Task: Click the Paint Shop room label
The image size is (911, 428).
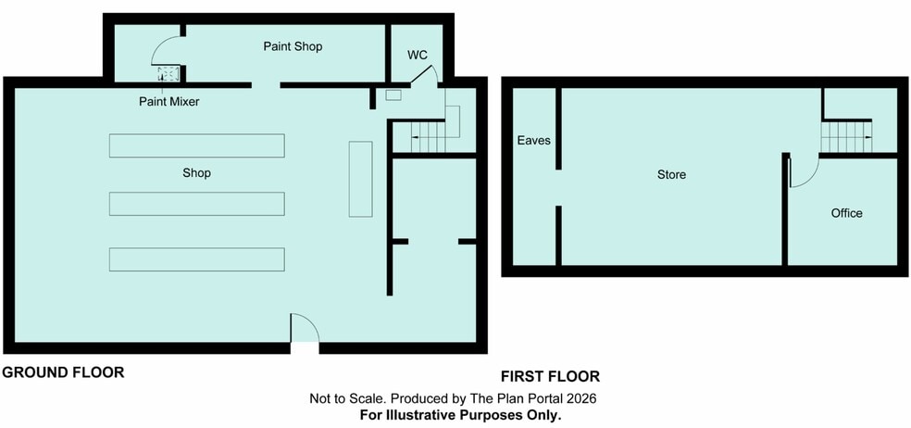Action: [293, 46]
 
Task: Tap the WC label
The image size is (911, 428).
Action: [418, 56]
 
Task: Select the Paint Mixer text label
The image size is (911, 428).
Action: [169, 102]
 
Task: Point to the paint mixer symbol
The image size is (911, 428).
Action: [168, 74]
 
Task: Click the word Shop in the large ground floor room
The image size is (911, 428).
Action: [196, 172]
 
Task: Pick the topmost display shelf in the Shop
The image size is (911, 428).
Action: [197, 145]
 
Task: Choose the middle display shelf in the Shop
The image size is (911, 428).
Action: [197, 204]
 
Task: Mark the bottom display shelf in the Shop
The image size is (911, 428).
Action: [197, 259]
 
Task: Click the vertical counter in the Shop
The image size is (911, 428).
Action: [360, 179]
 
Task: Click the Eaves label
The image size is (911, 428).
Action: [534, 140]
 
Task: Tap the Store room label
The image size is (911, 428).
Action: [671, 174]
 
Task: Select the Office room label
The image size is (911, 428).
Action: [846, 213]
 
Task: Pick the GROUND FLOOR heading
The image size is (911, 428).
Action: [63, 372]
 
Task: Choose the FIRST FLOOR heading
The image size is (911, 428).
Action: [550, 376]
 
